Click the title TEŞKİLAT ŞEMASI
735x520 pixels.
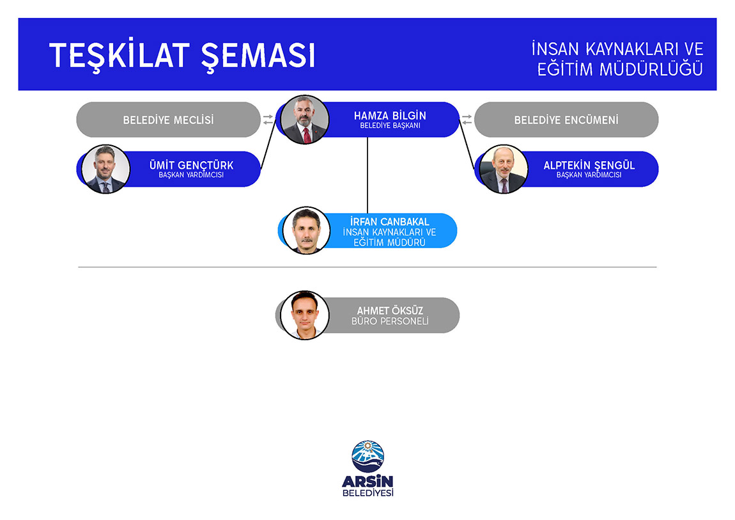[x=182, y=56]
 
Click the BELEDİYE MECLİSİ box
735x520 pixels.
[x=168, y=120]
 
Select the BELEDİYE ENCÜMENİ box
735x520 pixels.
[x=566, y=120]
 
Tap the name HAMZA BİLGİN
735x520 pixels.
[x=390, y=115]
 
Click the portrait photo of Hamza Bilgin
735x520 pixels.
[x=305, y=120]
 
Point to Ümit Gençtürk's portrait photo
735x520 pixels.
[x=105, y=169]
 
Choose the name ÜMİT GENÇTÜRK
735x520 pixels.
[x=191, y=165]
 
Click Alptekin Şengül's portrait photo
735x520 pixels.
[x=504, y=169]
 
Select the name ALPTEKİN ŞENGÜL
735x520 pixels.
[x=589, y=165]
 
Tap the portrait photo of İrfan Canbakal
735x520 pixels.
[x=306, y=230]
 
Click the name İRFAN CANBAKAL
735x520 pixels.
[x=389, y=221]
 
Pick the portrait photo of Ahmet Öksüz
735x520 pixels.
[x=305, y=315]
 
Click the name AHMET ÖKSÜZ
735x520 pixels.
[x=390, y=310]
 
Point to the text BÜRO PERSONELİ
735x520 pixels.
[x=390, y=321]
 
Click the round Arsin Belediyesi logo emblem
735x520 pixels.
[x=368, y=456]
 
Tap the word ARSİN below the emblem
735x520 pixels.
[x=368, y=482]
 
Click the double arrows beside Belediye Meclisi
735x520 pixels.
[x=268, y=120]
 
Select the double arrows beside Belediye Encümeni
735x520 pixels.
[x=467, y=120]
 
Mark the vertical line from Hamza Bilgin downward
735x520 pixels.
[x=367, y=175]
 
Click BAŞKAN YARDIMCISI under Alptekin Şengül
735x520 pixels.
[x=589, y=175]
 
